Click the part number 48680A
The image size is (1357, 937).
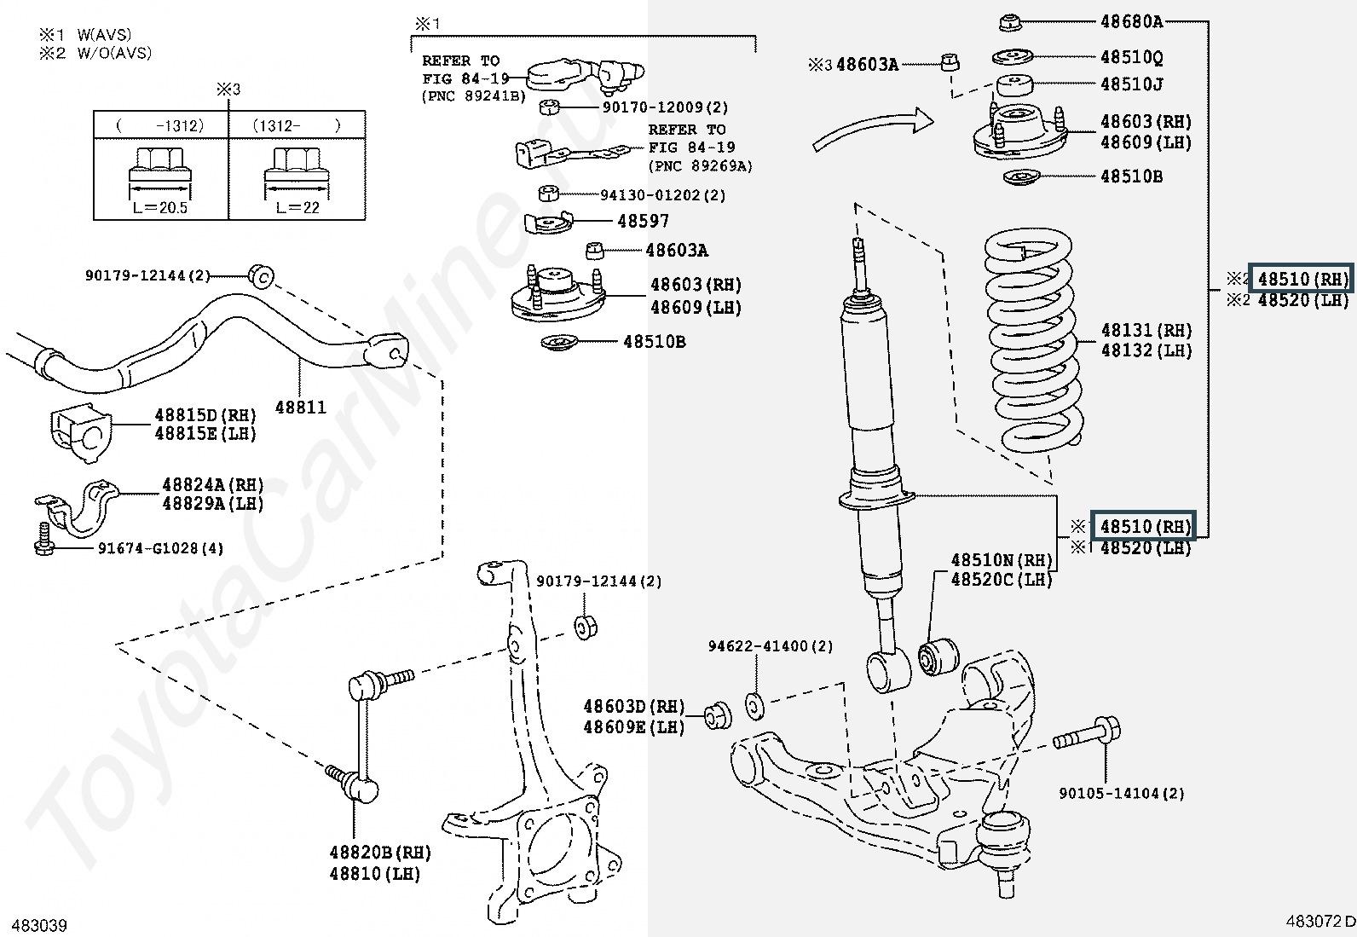[x=1131, y=21]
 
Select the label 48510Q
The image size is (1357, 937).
[x=1131, y=57]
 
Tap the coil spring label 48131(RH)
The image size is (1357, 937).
[x=1146, y=330]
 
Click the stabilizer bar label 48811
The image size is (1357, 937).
[x=300, y=407]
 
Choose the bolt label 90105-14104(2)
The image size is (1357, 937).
[x=1121, y=793]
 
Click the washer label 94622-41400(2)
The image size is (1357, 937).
[x=771, y=646]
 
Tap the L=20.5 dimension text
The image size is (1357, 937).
[x=160, y=207]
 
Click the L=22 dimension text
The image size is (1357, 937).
[x=298, y=207]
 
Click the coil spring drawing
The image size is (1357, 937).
[x=1033, y=341]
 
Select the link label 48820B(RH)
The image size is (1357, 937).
[x=380, y=853]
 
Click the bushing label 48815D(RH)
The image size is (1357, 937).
[x=205, y=415]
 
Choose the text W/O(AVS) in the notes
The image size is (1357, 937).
[x=114, y=53]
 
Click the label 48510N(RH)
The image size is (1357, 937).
[x=1002, y=560]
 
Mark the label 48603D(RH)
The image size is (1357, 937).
[x=633, y=707]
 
